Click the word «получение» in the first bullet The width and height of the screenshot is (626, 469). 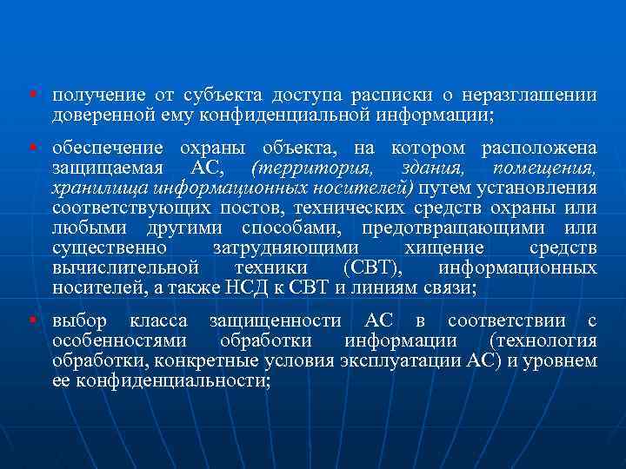coord(90,95)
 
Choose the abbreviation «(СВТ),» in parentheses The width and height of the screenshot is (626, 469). coord(373,268)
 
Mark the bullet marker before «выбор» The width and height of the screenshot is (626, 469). coord(31,320)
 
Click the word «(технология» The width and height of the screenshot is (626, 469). coord(543,340)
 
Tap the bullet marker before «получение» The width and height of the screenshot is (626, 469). coord(31,94)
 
